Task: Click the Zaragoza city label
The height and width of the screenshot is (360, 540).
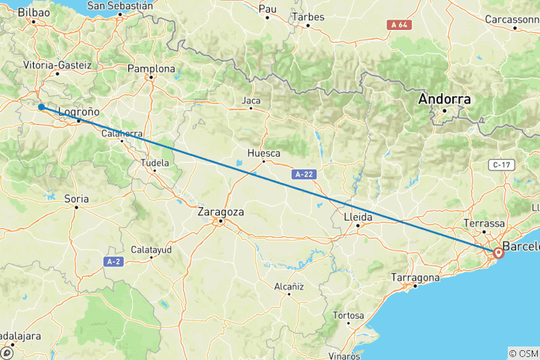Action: click(220, 212)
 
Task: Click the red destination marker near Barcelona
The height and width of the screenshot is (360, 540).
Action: click(498, 253)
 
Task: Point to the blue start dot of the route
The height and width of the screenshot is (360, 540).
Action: click(41, 107)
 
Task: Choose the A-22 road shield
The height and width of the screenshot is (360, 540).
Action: click(304, 174)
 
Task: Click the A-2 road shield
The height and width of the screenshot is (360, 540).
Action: click(113, 261)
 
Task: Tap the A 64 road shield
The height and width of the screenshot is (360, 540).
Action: click(398, 25)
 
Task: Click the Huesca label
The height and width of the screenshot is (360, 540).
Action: click(263, 154)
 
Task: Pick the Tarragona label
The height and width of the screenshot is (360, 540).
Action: click(415, 278)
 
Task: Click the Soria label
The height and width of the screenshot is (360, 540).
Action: click(76, 199)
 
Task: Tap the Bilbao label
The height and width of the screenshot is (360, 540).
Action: click(34, 13)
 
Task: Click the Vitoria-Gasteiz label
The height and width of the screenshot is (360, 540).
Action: click(57, 65)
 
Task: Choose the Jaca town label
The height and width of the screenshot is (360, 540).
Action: click(250, 100)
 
